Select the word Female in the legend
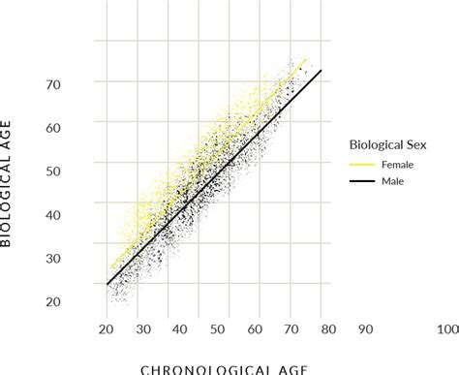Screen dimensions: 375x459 (x=400, y=165)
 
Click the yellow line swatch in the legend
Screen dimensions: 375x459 (x=362, y=165)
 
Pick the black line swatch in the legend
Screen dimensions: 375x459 (x=362, y=180)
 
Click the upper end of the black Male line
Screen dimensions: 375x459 (x=320, y=70)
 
